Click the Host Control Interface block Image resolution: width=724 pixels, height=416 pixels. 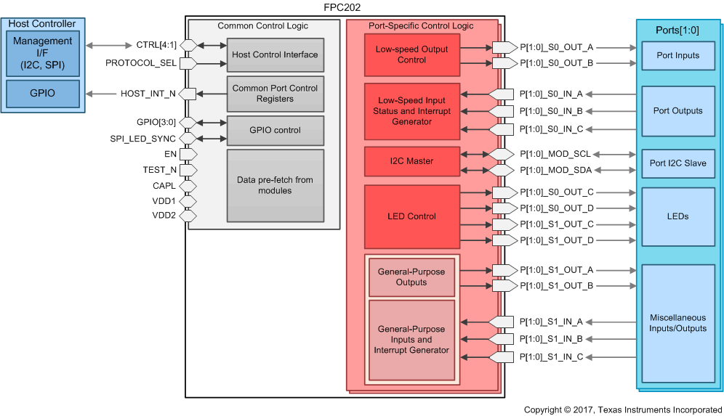(275, 54)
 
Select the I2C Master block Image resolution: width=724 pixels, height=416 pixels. (412, 161)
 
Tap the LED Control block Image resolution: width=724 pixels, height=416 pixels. (412, 216)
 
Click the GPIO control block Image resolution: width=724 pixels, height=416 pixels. (275, 130)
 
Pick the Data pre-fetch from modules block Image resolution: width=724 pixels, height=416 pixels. (275, 185)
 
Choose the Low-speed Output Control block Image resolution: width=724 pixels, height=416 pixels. (412, 54)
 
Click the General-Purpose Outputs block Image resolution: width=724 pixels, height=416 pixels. (411, 277)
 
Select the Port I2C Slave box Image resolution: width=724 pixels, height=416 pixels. (677, 163)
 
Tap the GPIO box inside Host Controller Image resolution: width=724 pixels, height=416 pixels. (44, 93)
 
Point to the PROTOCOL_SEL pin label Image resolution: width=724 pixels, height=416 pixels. (141, 63)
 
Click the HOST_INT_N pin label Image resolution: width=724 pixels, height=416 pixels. (148, 94)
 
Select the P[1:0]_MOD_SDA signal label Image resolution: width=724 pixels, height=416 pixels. (555, 170)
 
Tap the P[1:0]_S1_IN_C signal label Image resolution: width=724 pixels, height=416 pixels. (556, 356)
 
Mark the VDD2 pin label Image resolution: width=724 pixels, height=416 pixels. (164, 216)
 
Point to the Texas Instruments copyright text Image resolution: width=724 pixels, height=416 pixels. (623, 410)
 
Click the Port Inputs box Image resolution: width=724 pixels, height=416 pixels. (677, 55)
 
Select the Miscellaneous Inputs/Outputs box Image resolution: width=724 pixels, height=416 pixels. (677, 323)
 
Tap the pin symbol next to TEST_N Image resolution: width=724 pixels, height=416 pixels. (188, 170)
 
